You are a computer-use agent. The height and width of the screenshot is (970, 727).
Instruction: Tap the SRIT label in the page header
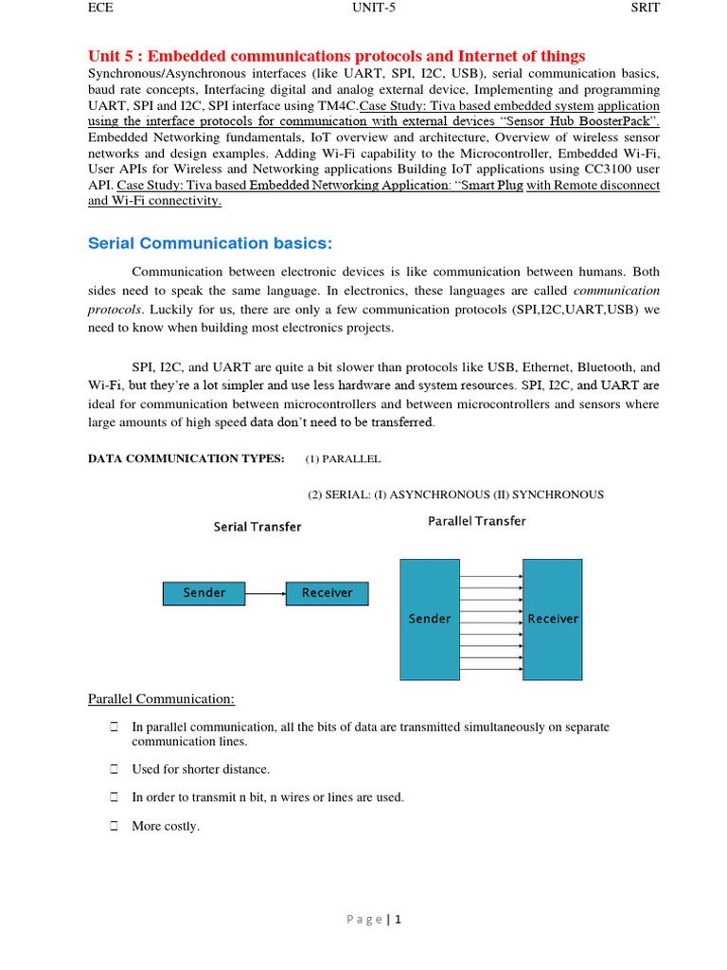pyautogui.click(x=645, y=8)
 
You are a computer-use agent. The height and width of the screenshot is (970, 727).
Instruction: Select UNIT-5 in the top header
pyautogui.click(x=374, y=8)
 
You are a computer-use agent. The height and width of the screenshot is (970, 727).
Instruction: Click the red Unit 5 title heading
pyautogui.click(x=336, y=56)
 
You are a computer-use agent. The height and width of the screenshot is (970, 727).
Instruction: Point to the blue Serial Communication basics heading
pyautogui.click(x=210, y=243)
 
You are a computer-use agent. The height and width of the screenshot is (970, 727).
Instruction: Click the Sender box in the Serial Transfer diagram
pyautogui.click(x=204, y=593)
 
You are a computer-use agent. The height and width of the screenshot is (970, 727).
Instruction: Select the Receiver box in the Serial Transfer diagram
pyautogui.click(x=327, y=593)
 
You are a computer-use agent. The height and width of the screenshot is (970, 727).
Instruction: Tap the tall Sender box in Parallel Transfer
pyautogui.click(x=430, y=619)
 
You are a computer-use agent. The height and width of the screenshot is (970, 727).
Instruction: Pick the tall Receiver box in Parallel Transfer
pyautogui.click(x=553, y=619)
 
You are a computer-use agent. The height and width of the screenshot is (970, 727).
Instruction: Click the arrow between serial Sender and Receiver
pyautogui.click(x=265, y=594)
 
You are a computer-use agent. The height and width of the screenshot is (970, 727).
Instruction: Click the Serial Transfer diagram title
pyautogui.click(x=257, y=527)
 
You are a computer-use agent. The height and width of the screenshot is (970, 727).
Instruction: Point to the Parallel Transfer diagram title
pyautogui.click(x=477, y=521)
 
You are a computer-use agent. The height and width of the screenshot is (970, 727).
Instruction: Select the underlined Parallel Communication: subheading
pyautogui.click(x=161, y=699)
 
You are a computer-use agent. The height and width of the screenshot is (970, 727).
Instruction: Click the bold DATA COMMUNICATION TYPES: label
pyautogui.click(x=186, y=458)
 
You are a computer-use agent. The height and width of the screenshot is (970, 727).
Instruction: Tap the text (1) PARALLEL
pyautogui.click(x=343, y=458)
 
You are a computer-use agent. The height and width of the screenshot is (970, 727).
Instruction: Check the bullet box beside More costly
pyautogui.click(x=113, y=826)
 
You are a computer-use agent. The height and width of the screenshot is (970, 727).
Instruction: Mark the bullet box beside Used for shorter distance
pyautogui.click(x=113, y=769)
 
